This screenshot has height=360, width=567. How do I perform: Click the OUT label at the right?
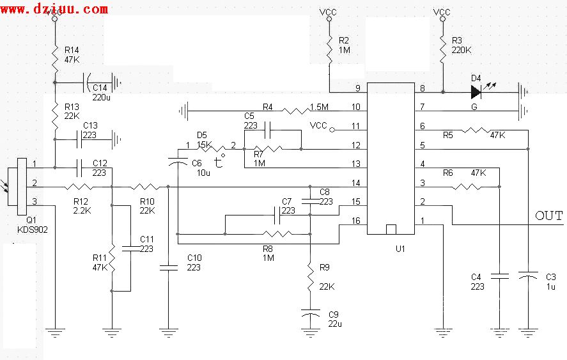click(549, 215)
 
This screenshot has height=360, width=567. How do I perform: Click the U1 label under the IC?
click(400, 247)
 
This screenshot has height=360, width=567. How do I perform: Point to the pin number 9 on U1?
click(358, 88)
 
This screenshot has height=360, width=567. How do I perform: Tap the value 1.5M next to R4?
click(319, 106)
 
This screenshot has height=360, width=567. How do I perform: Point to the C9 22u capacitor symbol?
click(309, 315)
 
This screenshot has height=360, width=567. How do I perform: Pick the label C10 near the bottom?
click(194, 258)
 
